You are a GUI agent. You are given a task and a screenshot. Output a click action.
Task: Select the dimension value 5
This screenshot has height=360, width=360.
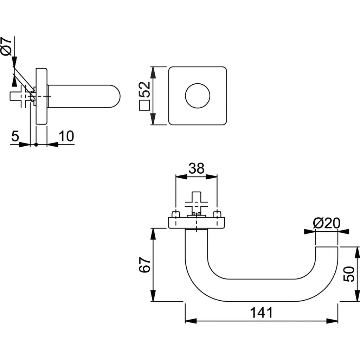coord(14,136)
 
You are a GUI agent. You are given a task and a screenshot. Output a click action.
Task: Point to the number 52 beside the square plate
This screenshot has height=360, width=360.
coord(144,90)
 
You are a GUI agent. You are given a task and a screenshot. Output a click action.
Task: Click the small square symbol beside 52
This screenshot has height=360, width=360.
coord(144,106)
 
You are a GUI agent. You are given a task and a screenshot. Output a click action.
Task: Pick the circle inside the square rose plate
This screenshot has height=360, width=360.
coord(198,96)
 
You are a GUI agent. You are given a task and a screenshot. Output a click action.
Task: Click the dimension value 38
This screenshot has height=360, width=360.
coord(196,168)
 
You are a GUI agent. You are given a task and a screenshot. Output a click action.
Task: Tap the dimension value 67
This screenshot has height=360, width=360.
coord(144,265)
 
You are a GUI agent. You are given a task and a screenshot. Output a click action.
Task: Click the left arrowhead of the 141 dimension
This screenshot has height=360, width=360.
coord(190,321)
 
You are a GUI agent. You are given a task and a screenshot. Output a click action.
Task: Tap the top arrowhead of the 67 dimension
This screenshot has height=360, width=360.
coord(153,233)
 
